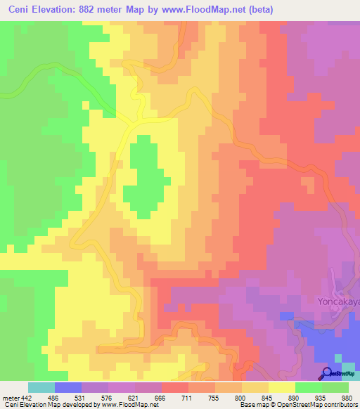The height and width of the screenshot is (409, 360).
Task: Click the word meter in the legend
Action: [11, 397]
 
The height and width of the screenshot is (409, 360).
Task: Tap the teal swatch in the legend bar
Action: [41, 387]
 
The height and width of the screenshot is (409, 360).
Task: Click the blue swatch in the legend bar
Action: [68, 387]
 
